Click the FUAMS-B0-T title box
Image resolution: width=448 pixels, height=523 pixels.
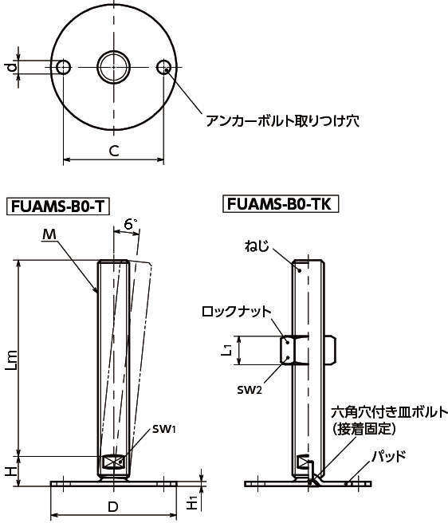click(x=58, y=206)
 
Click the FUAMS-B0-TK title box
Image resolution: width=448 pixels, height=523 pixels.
click(x=280, y=204)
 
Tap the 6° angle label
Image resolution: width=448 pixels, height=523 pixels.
click(x=131, y=224)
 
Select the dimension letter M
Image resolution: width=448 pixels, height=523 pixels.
click(x=49, y=235)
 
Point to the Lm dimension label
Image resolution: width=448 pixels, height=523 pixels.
click(x=12, y=360)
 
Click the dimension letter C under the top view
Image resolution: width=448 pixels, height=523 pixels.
click(x=114, y=151)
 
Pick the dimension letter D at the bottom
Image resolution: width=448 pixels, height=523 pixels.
click(x=113, y=507)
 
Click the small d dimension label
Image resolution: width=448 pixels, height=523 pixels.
click(x=12, y=68)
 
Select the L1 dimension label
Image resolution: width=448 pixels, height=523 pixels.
click(x=226, y=350)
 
